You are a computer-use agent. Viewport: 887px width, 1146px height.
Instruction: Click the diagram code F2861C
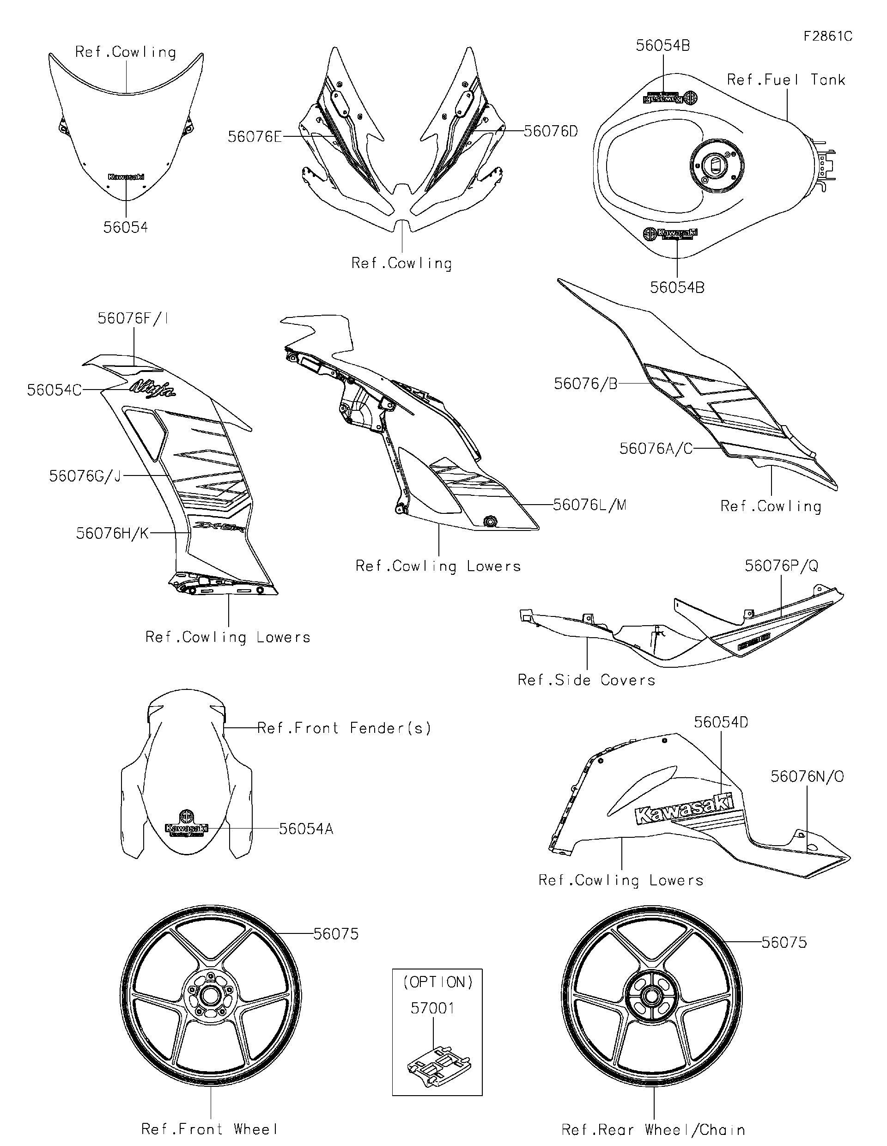[x=828, y=36]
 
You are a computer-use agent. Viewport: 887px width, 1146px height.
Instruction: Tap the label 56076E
[x=255, y=137]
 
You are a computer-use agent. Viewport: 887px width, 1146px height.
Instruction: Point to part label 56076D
[x=551, y=131]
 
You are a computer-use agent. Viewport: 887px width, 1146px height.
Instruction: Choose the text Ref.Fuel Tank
[x=786, y=80]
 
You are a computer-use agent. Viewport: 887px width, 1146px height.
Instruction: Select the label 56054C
[x=54, y=390]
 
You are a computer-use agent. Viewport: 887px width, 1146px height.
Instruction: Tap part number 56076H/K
[x=112, y=533]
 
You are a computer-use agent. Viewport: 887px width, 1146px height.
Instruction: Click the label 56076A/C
[x=656, y=449]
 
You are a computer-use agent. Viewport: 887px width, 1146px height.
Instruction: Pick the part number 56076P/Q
[x=781, y=566]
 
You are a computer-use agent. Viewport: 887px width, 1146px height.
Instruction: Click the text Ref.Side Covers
[x=586, y=680]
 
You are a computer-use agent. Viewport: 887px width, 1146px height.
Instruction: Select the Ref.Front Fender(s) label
[x=344, y=728]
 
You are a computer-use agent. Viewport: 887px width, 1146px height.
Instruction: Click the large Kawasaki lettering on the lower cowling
[x=685, y=810]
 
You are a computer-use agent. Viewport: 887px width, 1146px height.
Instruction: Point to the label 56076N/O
[x=807, y=777]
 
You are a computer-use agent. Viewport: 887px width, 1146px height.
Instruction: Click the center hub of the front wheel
[x=210, y=995]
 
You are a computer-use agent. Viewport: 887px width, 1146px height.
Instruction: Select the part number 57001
[x=432, y=1008]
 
